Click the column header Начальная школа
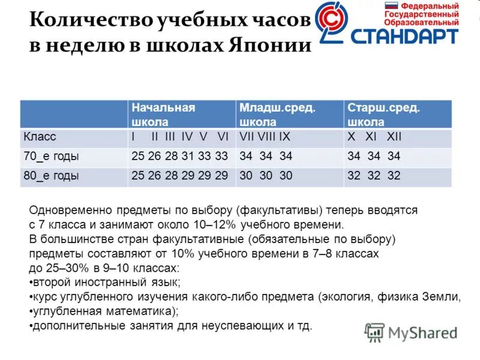(163, 114)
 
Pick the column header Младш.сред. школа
(277, 114)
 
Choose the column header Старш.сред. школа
(383, 114)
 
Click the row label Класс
(40, 137)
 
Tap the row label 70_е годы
(52, 157)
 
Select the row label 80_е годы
(52, 176)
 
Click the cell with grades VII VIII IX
(265, 137)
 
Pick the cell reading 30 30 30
(266, 176)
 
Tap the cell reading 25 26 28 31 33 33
(180, 157)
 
